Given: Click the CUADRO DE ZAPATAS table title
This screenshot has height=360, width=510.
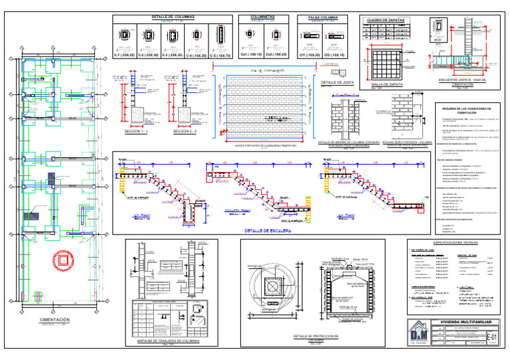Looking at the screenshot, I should click(386, 20).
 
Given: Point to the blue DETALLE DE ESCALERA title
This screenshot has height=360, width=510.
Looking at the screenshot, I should click(269, 230).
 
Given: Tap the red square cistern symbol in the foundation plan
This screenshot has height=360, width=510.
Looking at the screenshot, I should click(63, 258).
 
